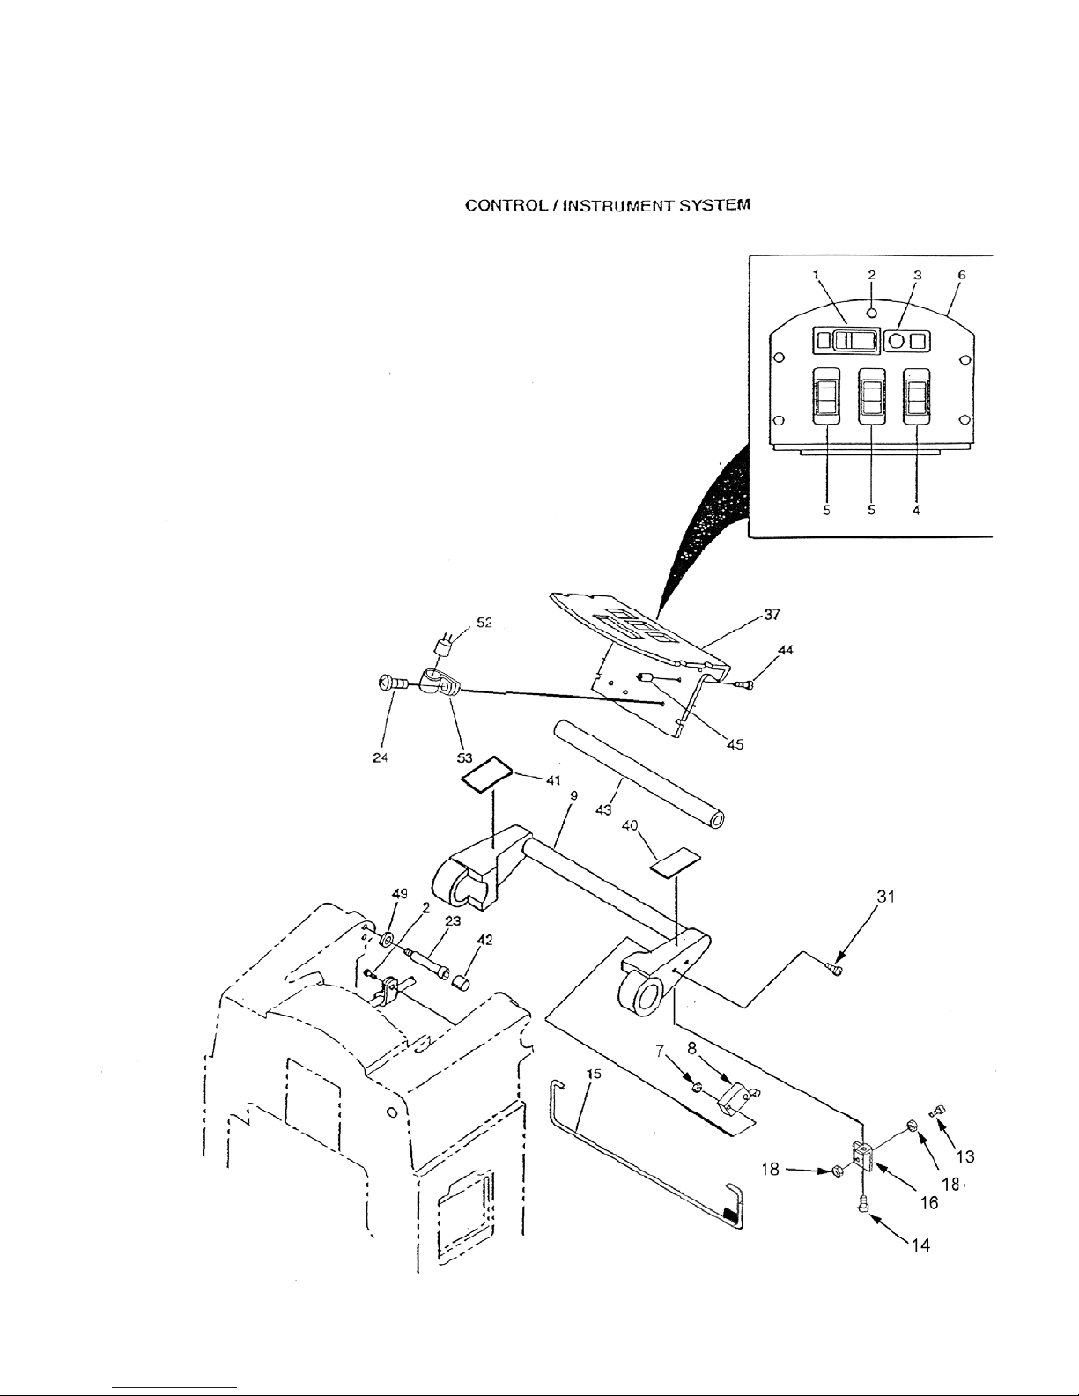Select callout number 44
click(x=786, y=650)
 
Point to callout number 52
click(x=484, y=622)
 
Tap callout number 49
click(x=399, y=892)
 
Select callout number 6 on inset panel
click(x=962, y=275)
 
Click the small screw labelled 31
click(x=834, y=970)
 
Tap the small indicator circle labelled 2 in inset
click(x=871, y=312)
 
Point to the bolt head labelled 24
click(x=388, y=682)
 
